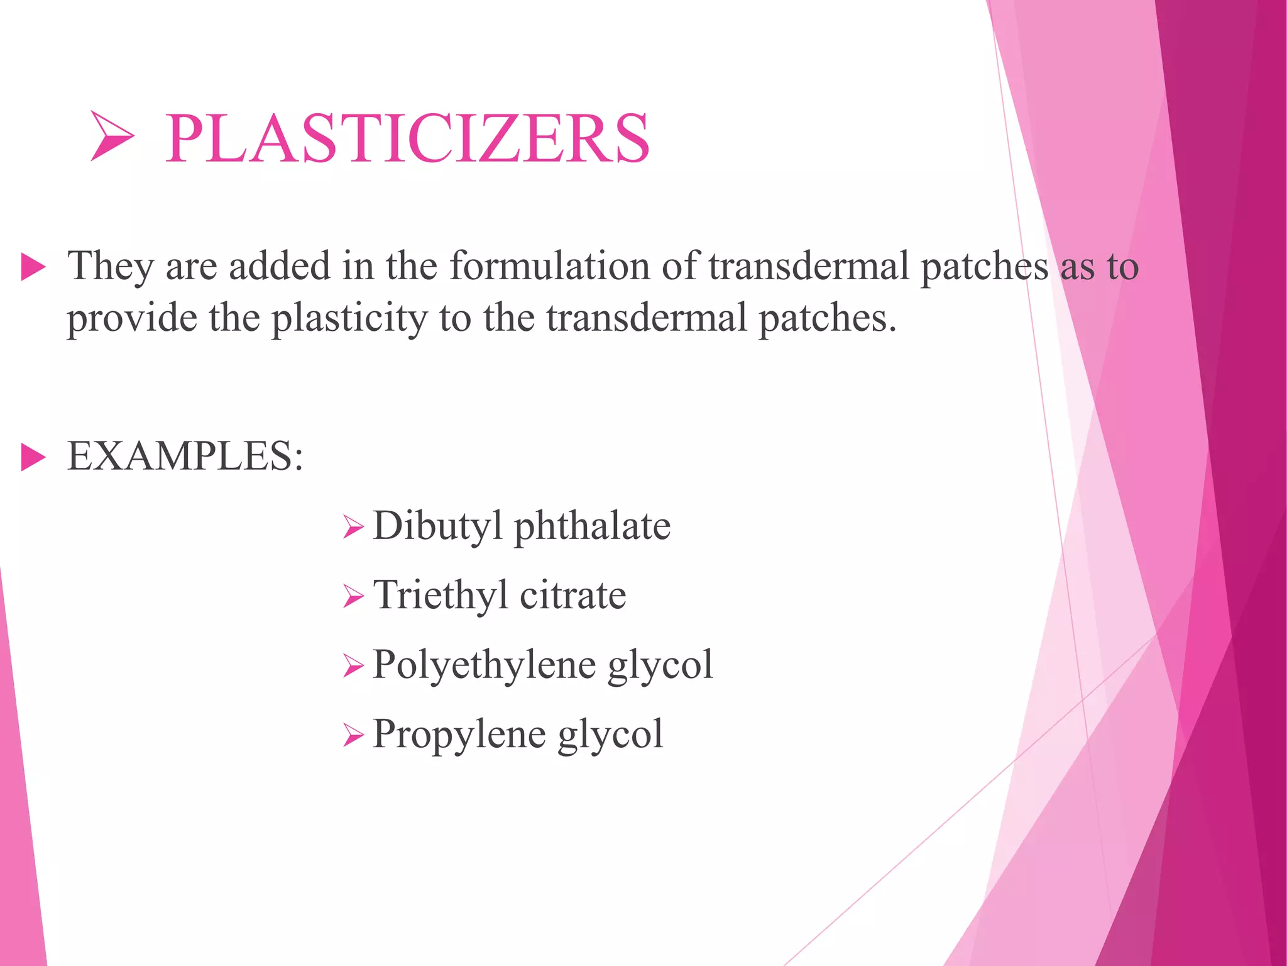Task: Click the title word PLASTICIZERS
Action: (407, 138)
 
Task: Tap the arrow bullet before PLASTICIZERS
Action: (112, 136)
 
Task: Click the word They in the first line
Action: (111, 267)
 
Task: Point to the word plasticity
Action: (349, 318)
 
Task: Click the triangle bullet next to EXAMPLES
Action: (33, 457)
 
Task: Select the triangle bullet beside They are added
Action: (33, 267)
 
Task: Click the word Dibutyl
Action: (437, 526)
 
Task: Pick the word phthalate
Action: (592, 526)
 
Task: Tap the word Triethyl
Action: (440, 595)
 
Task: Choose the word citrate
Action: (572, 595)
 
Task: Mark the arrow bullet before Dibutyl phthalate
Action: (354, 527)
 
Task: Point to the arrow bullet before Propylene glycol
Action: (354, 735)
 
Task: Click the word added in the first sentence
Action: (279, 265)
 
